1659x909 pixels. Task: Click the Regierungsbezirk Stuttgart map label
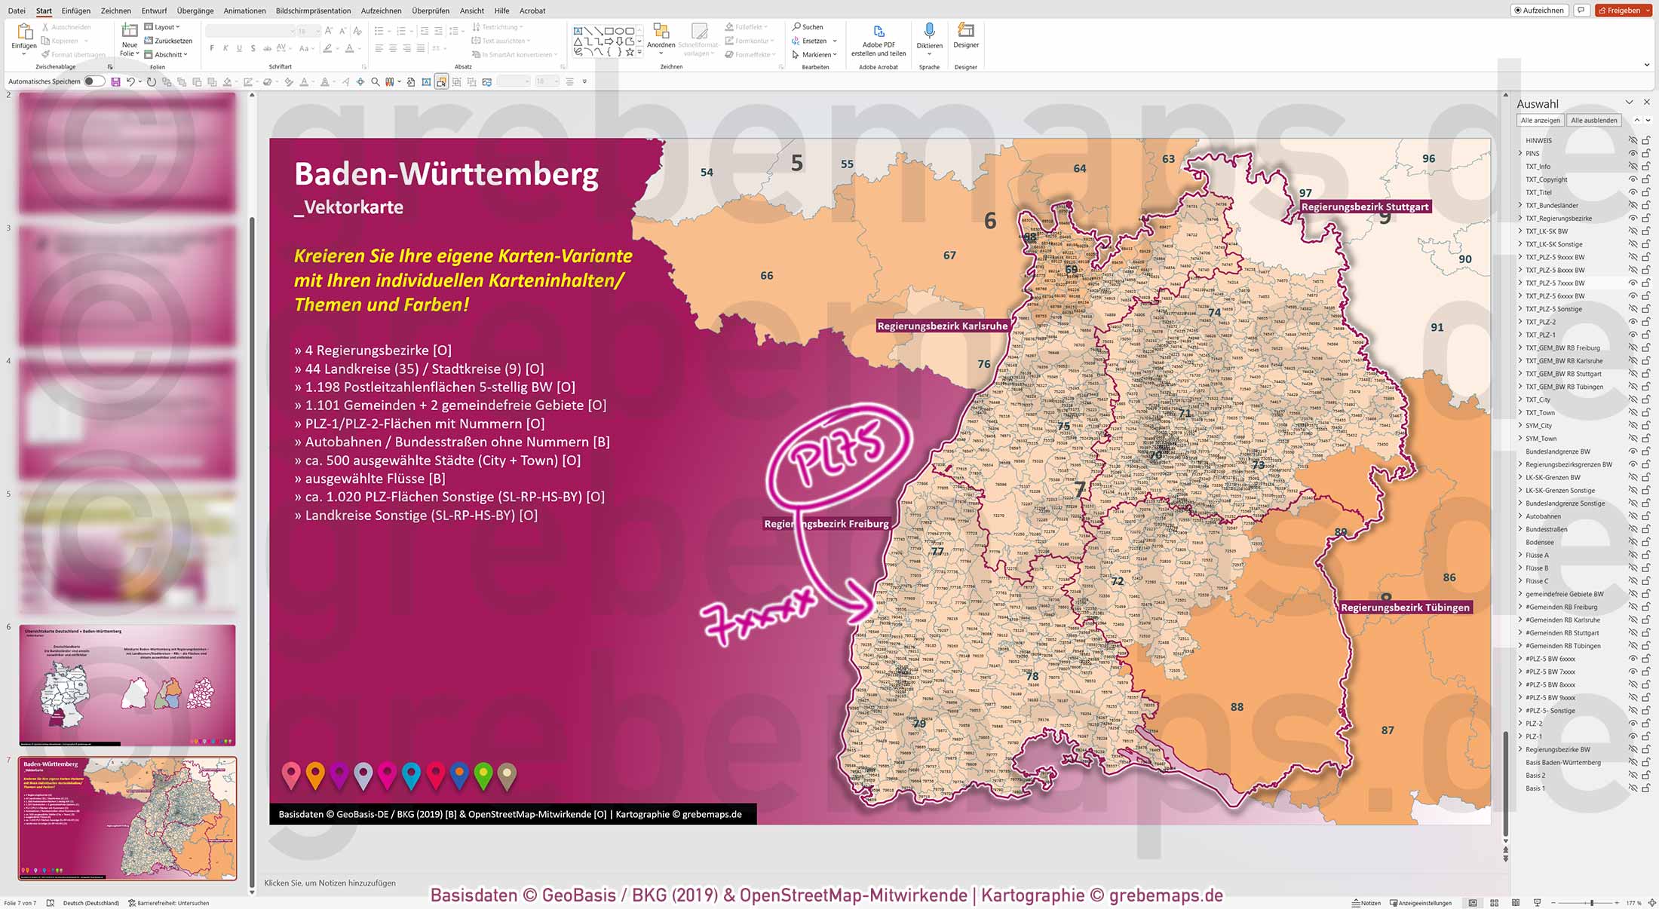point(1364,207)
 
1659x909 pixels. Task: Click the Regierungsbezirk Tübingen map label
point(1404,608)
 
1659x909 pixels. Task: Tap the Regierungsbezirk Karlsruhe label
point(942,326)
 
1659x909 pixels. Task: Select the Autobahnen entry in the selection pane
point(1543,516)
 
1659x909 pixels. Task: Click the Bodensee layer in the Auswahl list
point(1539,542)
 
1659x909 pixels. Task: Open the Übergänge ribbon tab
point(195,11)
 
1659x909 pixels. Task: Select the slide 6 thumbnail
point(127,684)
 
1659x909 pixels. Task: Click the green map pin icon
point(483,774)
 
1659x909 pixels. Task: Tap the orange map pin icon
point(315,774)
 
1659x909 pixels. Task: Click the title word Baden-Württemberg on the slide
point(446,174)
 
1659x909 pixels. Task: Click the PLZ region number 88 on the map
point(1237,707)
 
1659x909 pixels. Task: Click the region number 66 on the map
point(766,276)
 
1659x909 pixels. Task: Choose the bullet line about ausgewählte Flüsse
point(370,479)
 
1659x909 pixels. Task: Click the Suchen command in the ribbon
point(808,27)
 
